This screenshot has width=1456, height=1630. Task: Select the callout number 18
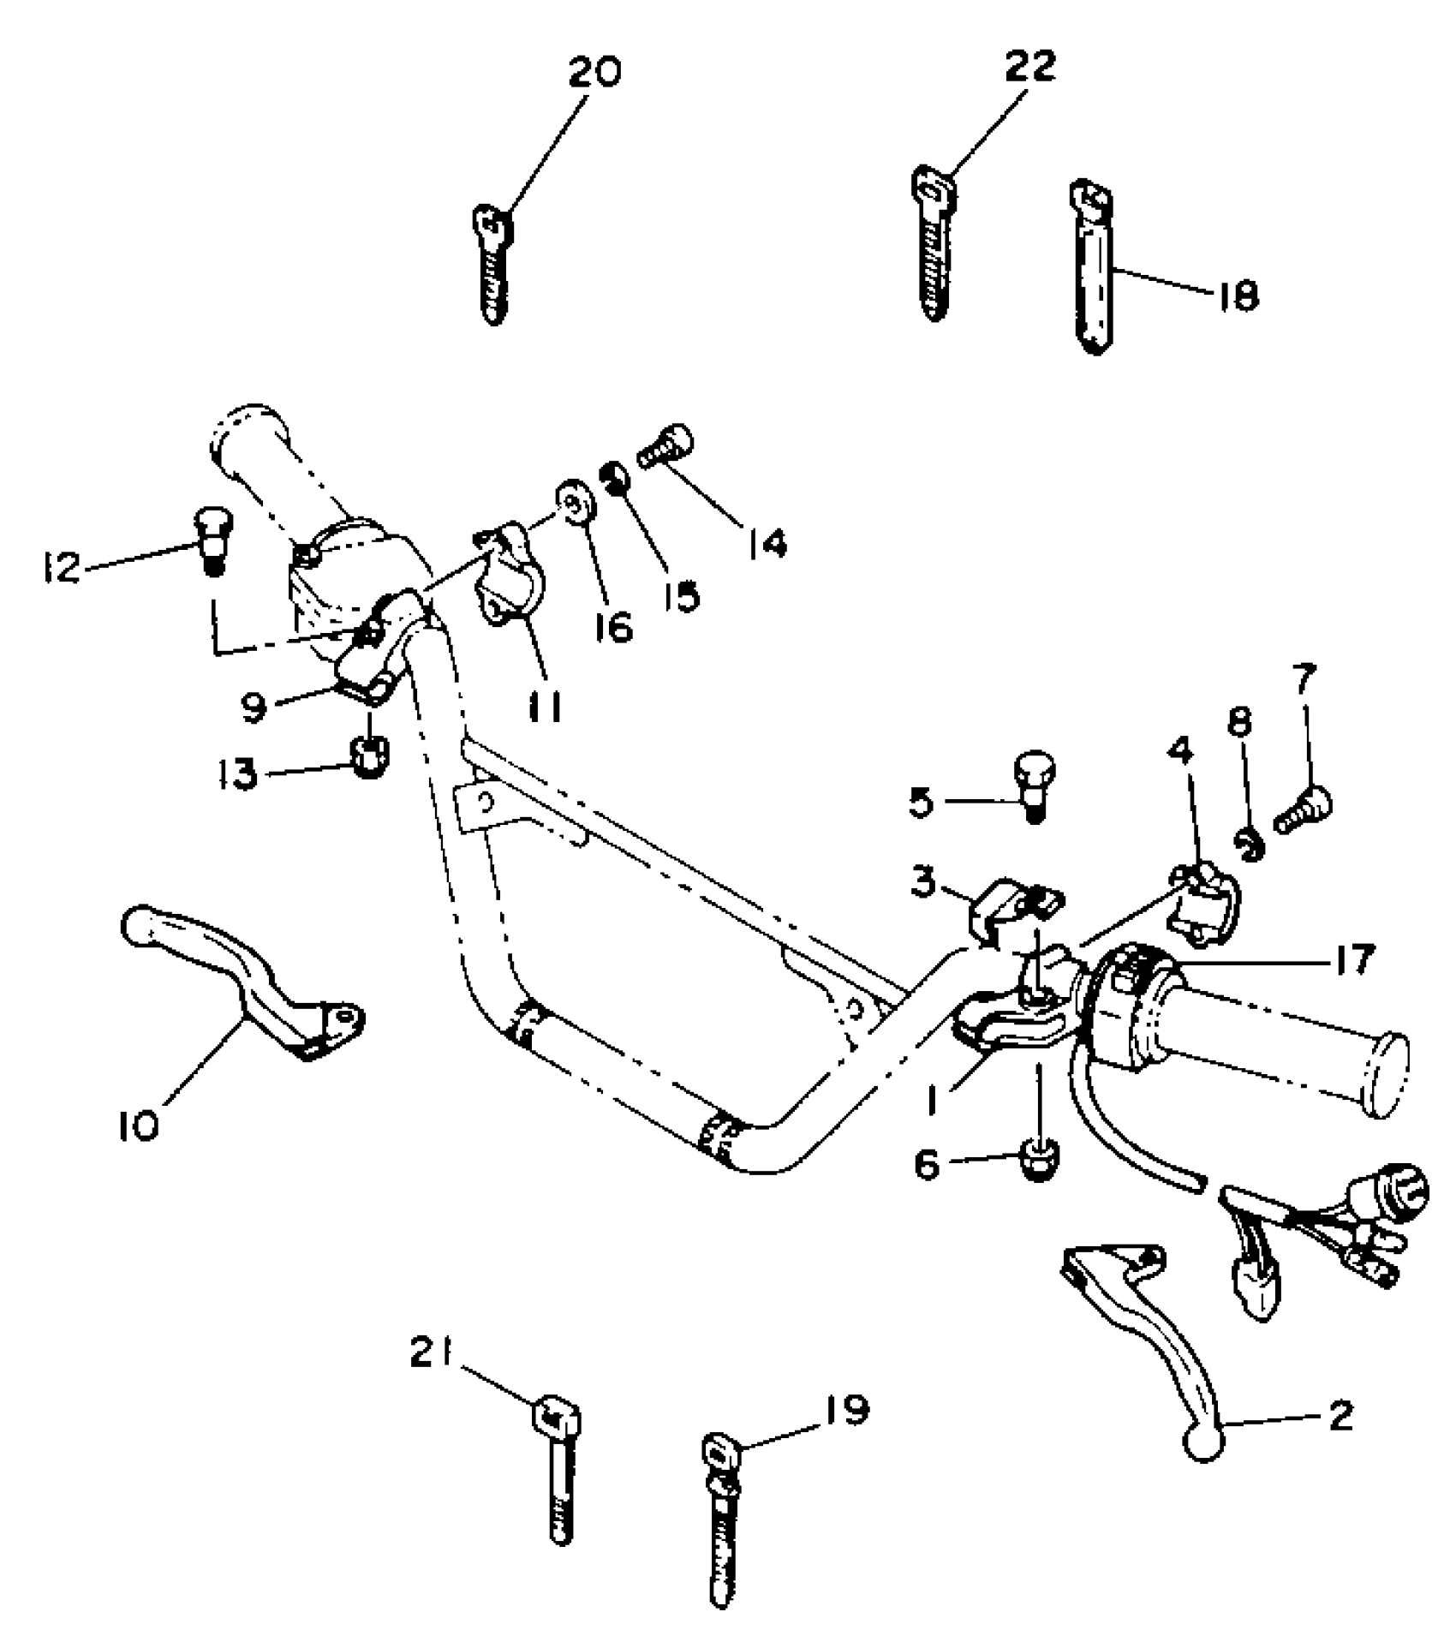[x=1235, y=296]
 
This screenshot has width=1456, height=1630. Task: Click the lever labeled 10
[x=248, y=986]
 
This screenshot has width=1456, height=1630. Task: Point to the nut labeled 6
[x=1039, y=1162]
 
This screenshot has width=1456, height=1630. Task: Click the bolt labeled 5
[x=1034, y=784]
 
